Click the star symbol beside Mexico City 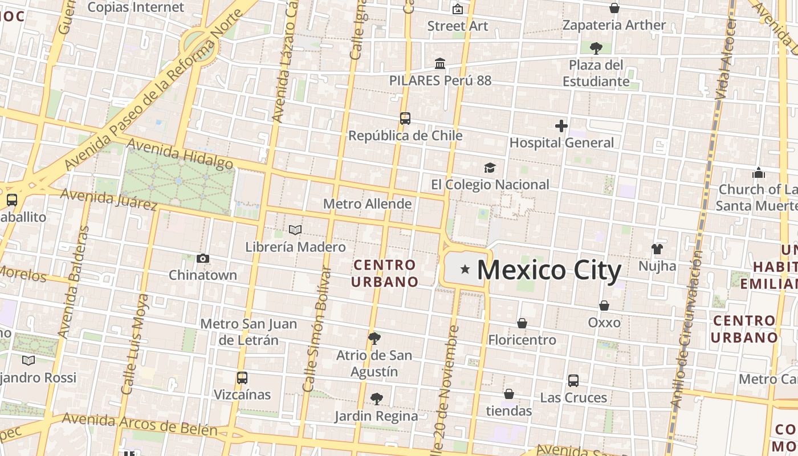click(x=465, y=269)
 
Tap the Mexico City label click(x=548, y=270)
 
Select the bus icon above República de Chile click(x=405, y=119)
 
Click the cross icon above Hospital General click(x=561, y=126)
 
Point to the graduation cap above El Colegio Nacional click(x=490, y=168)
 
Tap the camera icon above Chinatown click(x=202, y=258)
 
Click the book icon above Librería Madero click(x=295, y=230)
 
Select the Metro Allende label click(x=367, y=203)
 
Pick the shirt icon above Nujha click(x=657, y=249)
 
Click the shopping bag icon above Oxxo click(x=604, y=306)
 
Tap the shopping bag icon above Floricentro click(x=522, y=323)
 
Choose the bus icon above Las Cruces click(x=573, y=380)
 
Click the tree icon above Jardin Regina click(x=376, y=398)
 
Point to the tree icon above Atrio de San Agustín click(x=374, y=339)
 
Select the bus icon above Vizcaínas click(x=242, y=377)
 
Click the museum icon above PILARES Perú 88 click(x=440, y=63)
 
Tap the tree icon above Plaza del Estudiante click(x=596, y=48)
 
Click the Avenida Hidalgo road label click(x=180, y=154)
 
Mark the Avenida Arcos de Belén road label click(x=140, y=424)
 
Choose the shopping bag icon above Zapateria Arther click(x=614, y=8)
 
